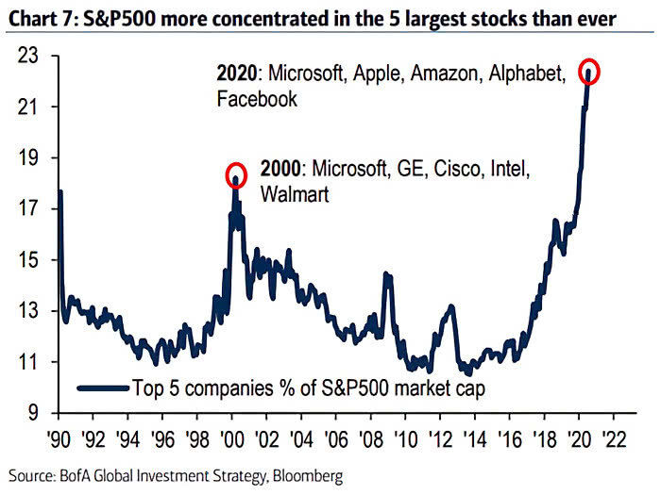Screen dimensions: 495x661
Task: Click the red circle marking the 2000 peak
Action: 236,175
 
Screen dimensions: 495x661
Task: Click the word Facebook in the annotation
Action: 257,98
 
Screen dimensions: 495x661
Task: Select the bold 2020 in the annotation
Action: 235,73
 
